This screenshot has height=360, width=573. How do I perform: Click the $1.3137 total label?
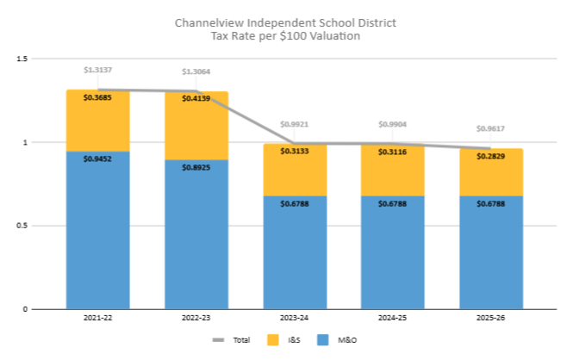[97, 70]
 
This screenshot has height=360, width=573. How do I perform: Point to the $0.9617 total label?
[490, 128]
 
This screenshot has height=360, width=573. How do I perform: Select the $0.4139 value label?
[196, 99]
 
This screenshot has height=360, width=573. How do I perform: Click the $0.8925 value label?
[196, 167]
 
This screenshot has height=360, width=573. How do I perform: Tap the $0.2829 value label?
[490, 156]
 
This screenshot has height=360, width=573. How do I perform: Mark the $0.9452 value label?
[97, 158]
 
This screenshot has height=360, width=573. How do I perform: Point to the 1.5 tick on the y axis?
[22, 59]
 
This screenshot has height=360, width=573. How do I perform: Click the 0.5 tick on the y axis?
[22, 226]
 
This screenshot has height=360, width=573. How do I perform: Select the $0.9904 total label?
[392, 124]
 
